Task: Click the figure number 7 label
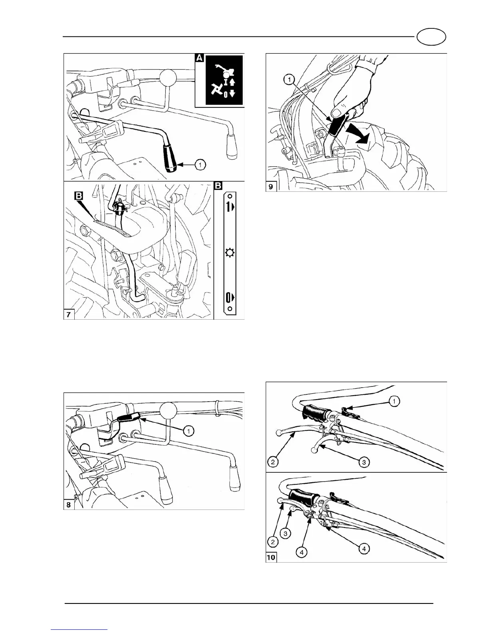[69, 315]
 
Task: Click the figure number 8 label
[69, 505]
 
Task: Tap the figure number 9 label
[271, 187]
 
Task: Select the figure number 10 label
[271, 557]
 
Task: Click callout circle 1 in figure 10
[394, 401]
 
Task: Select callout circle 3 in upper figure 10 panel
[363, 462]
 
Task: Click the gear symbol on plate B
[230, 253]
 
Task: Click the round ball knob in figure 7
[168, 77]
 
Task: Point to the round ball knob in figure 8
[168, 412]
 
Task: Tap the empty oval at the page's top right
[431, 37]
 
